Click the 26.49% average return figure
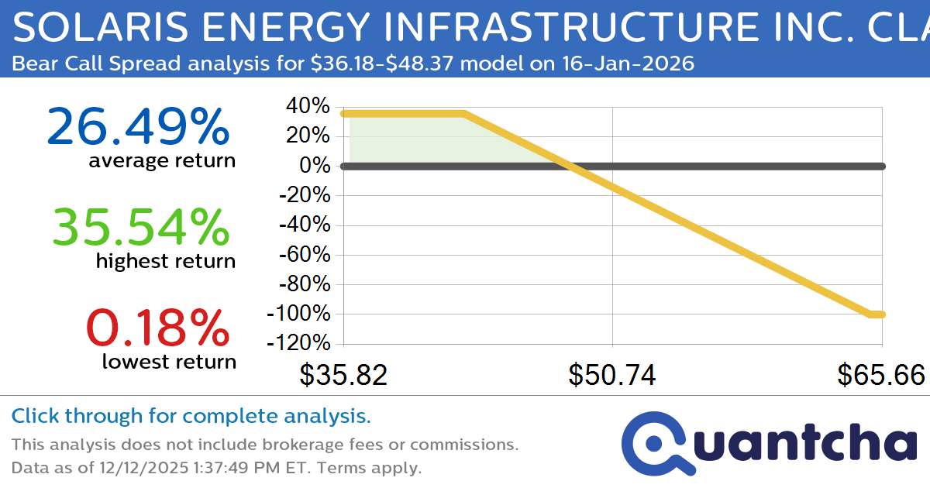tap(138, 127)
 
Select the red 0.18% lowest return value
tap(158, 328)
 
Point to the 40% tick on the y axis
tap(308, 106)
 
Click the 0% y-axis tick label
tap(315, 166)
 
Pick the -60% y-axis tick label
tap(304, 255)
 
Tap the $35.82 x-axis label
tap(343, 376)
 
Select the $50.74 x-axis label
tap(612, 376)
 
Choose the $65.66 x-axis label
tap(881, 376)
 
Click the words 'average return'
tap(161, 161)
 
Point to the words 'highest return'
tap(165, 261)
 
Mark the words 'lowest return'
tap(169, 361)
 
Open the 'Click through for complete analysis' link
tap(191, 417)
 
